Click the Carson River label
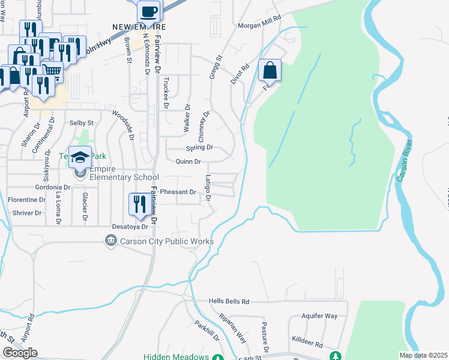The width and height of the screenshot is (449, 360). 405,160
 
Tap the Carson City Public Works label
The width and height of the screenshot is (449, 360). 167,241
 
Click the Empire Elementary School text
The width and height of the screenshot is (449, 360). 124,173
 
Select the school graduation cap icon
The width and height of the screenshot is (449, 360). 80,158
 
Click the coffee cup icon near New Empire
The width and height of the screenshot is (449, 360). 148,11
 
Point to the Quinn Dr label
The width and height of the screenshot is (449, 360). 188,161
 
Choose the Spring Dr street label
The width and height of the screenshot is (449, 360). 200,147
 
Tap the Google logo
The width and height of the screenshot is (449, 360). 20,353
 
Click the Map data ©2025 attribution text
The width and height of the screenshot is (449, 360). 423,355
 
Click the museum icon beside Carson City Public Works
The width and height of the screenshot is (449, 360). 110,241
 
